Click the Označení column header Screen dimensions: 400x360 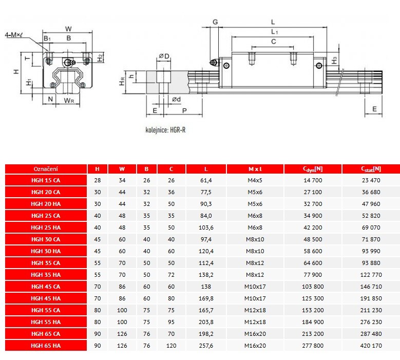coord(46,169)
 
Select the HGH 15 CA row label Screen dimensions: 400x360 coord(46,180)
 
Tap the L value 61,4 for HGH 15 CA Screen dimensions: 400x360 coord(206,180)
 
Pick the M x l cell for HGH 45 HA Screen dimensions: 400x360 coord(255,298)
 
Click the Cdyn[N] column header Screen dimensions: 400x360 coord(313,169)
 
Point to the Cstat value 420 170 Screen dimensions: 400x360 coord(371,346)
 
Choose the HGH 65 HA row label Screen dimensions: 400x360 coord(46,346)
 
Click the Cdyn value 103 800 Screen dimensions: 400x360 coord(313,287)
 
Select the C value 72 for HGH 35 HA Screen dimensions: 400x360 coord(171,275)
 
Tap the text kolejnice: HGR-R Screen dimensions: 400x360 coord(165,130)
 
